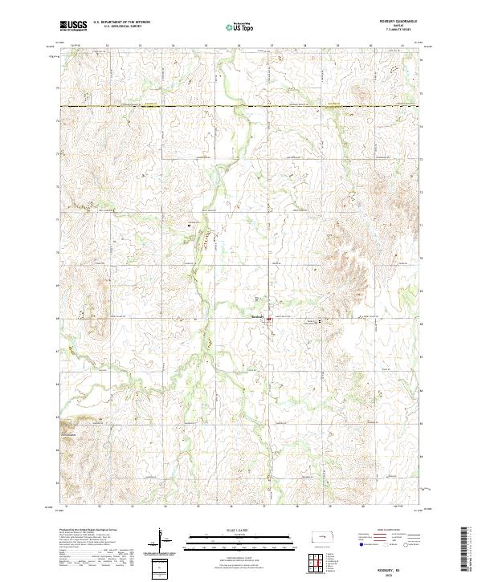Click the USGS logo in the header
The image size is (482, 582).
click(73, 26)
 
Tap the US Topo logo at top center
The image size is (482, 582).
click(241, 26)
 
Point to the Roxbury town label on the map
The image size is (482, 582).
click(257, 317)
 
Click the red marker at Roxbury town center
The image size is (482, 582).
click(269, 319)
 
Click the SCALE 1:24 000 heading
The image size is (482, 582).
click(240, 530)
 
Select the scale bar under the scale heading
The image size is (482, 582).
click(240, 538)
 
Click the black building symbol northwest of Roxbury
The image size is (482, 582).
click(190, 226)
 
